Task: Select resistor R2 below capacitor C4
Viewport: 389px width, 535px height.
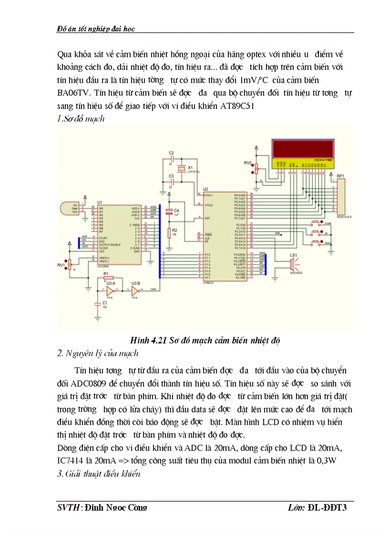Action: [168, 232]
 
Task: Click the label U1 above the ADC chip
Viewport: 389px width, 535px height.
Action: [99, 202]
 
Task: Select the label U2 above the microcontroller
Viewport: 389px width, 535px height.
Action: [205, 189]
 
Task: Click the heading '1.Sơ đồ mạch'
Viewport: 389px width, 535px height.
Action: [81, 119]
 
